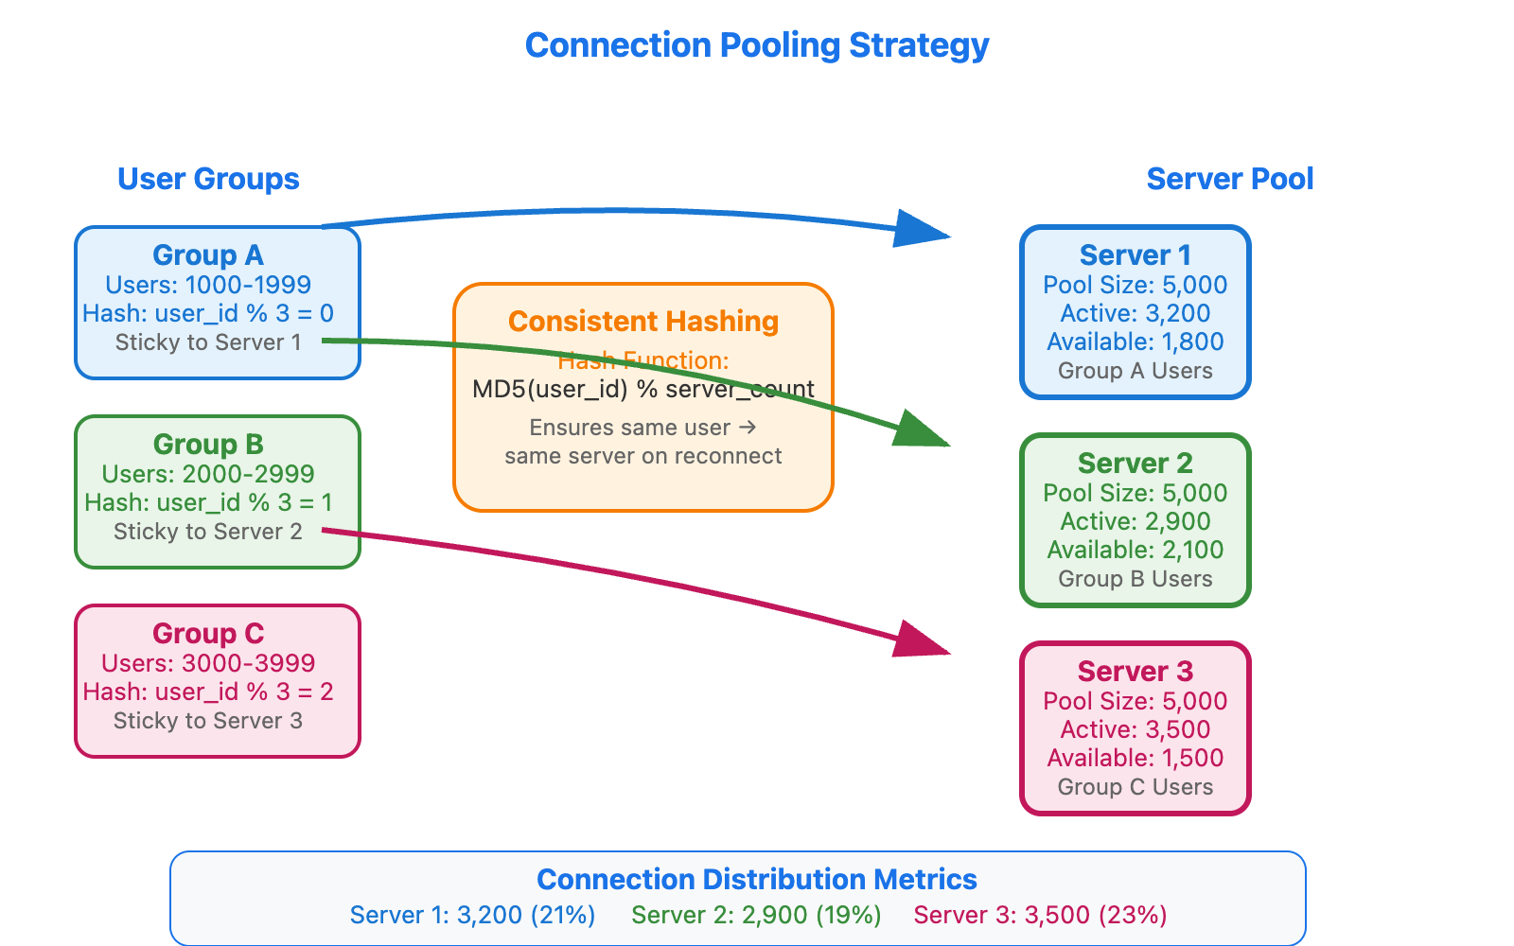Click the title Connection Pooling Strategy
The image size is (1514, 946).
(756, 45)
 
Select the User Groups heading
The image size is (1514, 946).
(208, 179)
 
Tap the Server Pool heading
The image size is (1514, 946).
(1229, 179)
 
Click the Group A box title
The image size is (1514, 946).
(208, 255)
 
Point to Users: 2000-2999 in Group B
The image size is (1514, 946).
(208, 474)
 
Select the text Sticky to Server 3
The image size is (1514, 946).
(208, 721)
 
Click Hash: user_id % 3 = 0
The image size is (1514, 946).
(208, 313)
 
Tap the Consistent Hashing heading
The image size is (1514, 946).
(643, 322)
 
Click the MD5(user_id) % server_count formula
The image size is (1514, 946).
(643, 389)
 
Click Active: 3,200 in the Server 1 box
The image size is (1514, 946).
(1135, 313)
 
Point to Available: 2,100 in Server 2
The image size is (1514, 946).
(1135, 550)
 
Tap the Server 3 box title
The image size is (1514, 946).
(1135, 672)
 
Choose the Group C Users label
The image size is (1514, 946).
(1135, 787)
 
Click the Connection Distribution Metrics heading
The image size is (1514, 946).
(756, 880)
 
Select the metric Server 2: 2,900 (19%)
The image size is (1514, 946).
(756, 915)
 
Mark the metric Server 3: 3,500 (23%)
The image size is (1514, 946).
(1040, 915)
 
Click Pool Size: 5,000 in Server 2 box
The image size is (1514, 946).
(1135, 493)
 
